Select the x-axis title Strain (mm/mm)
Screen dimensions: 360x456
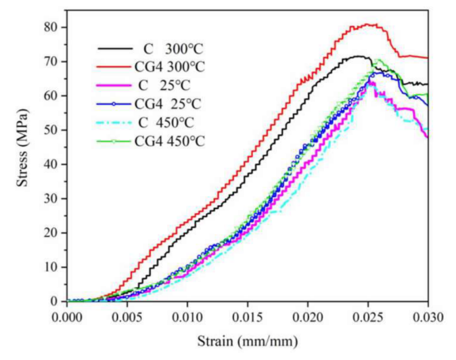tap(246, 342)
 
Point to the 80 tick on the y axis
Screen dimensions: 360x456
tap(58, 27)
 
